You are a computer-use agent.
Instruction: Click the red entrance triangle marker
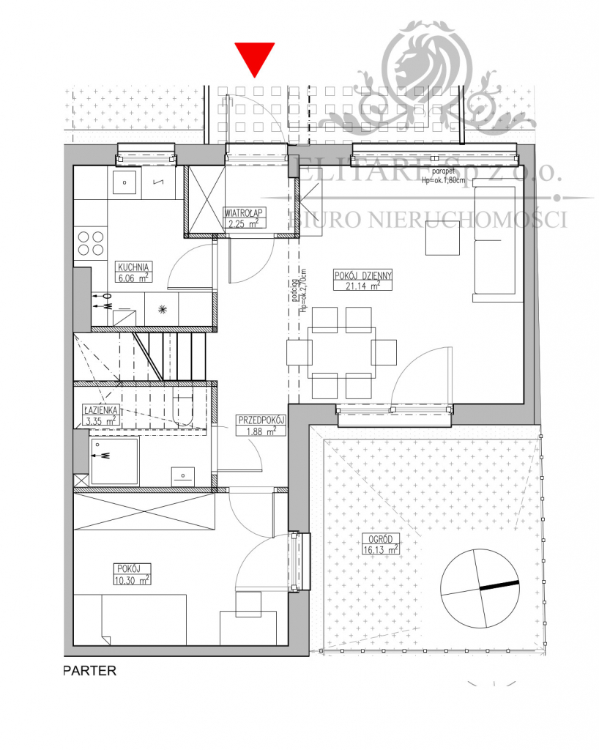254,58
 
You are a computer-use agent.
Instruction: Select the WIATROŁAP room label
244,212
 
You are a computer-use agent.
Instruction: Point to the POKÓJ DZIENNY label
363,276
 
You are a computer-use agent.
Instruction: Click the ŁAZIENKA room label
100,411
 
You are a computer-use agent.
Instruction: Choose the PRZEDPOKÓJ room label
261,420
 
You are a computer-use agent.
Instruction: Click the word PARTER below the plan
89,670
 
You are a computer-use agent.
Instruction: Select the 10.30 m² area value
133,579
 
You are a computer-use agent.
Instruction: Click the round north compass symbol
480,587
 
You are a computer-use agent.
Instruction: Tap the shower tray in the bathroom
114,461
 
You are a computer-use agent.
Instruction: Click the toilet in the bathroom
183,407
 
